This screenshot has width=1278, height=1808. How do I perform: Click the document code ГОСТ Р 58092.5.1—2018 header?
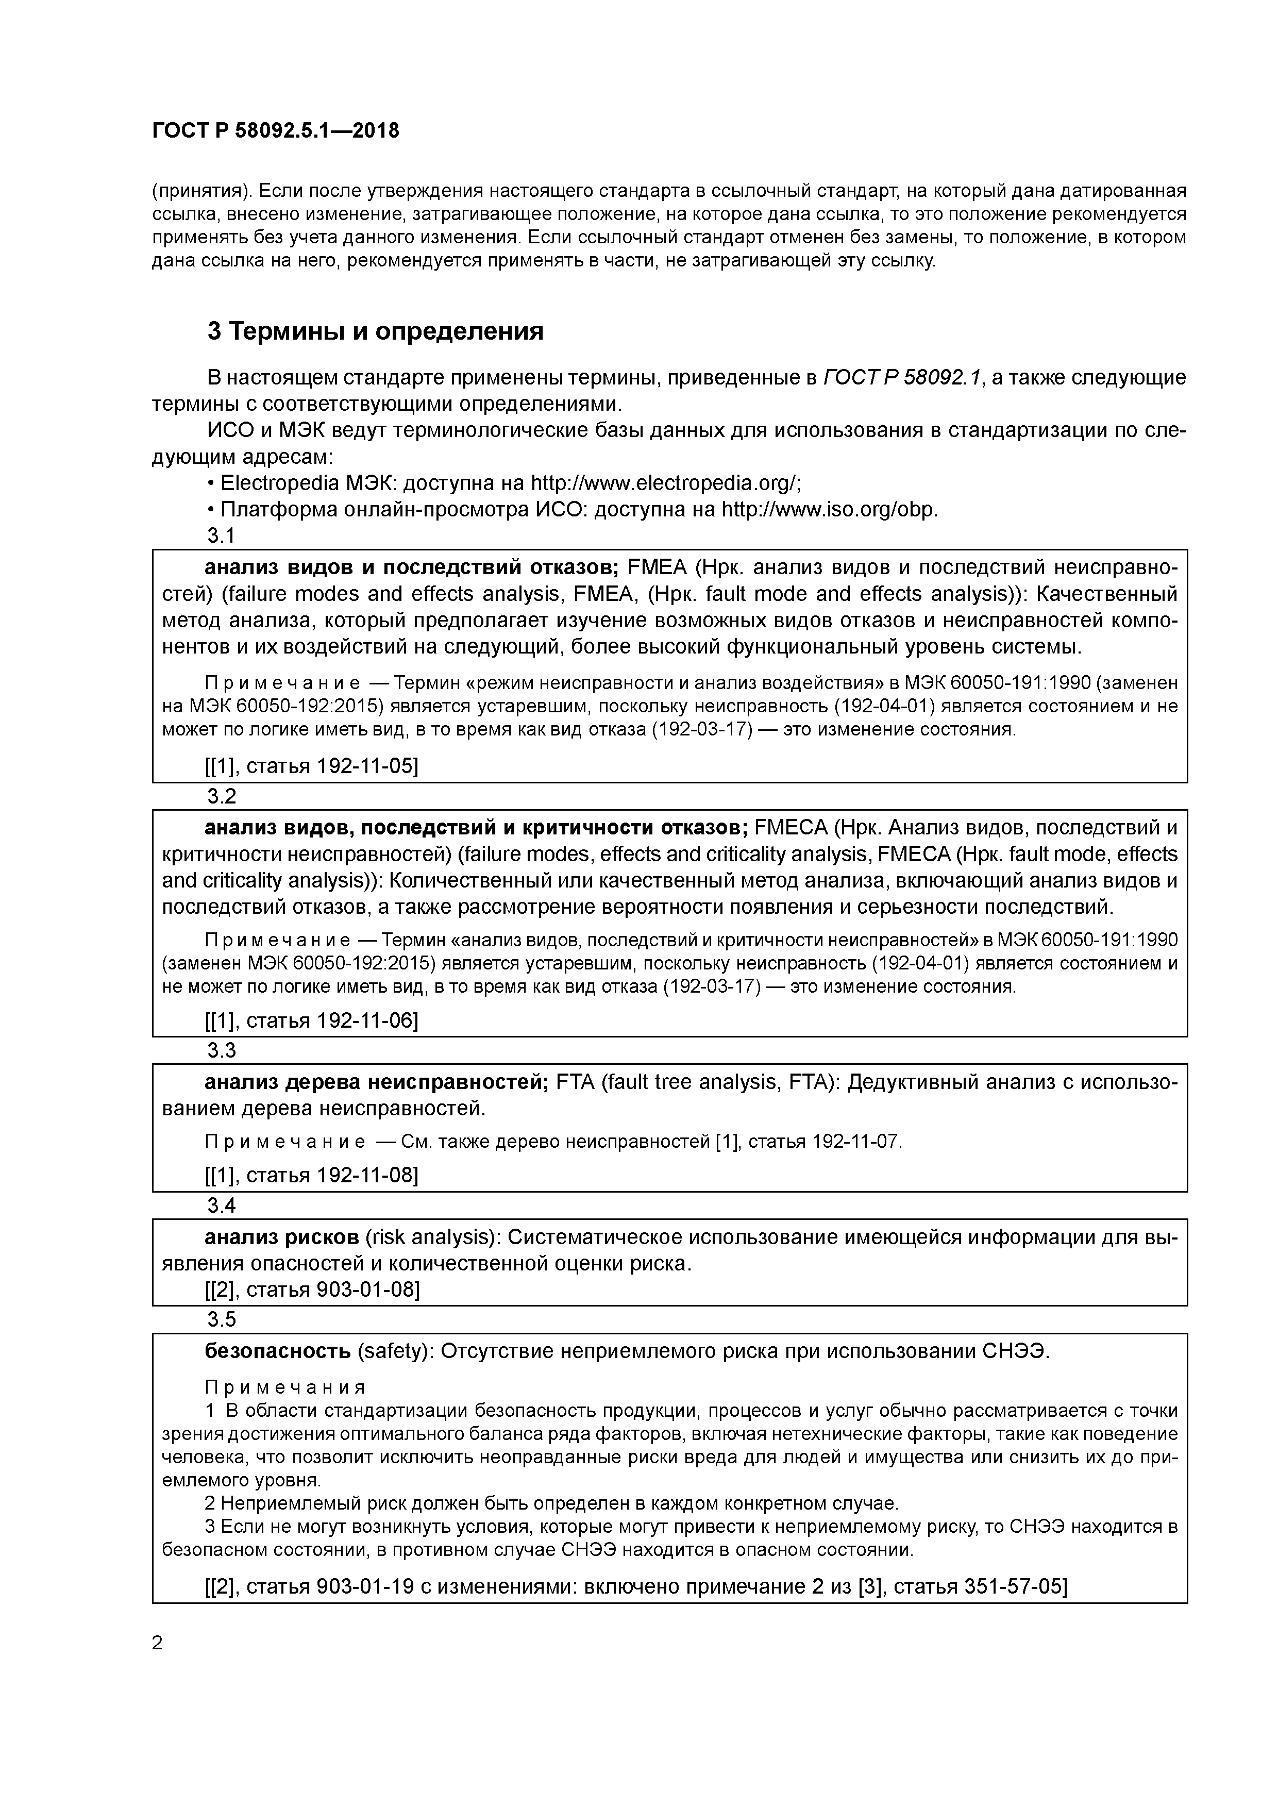276,131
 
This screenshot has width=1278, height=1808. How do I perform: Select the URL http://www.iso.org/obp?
829,510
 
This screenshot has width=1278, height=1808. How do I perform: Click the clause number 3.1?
221,535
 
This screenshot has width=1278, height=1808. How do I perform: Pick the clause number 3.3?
221,1050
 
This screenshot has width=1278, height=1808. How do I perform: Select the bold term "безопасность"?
277,1351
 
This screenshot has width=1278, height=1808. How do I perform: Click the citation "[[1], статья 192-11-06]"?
311,1020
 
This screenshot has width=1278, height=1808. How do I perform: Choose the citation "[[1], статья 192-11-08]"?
311,1175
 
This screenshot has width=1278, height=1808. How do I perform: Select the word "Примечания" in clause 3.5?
285,1387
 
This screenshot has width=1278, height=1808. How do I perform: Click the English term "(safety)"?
395,1351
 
